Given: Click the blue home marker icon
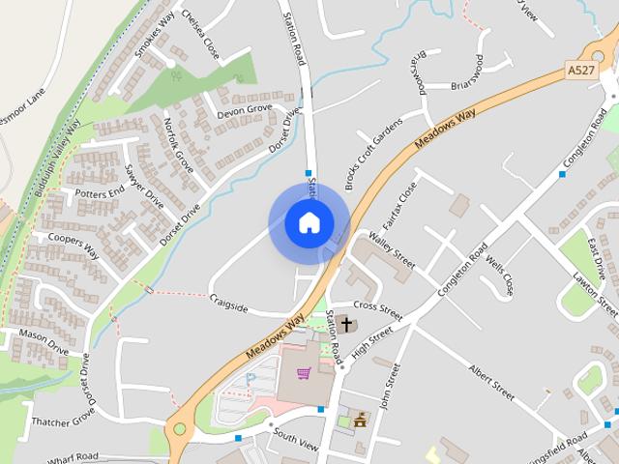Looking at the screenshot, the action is [x=309, y=223].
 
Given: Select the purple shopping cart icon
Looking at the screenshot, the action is [x=304, y=373].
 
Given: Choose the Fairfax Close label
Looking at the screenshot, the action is [x=398, y=204].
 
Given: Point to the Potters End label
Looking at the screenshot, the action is [x=100, y=192].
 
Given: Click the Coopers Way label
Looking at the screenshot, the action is [x=73, y=245].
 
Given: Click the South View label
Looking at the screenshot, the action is [x=295, y=437].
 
